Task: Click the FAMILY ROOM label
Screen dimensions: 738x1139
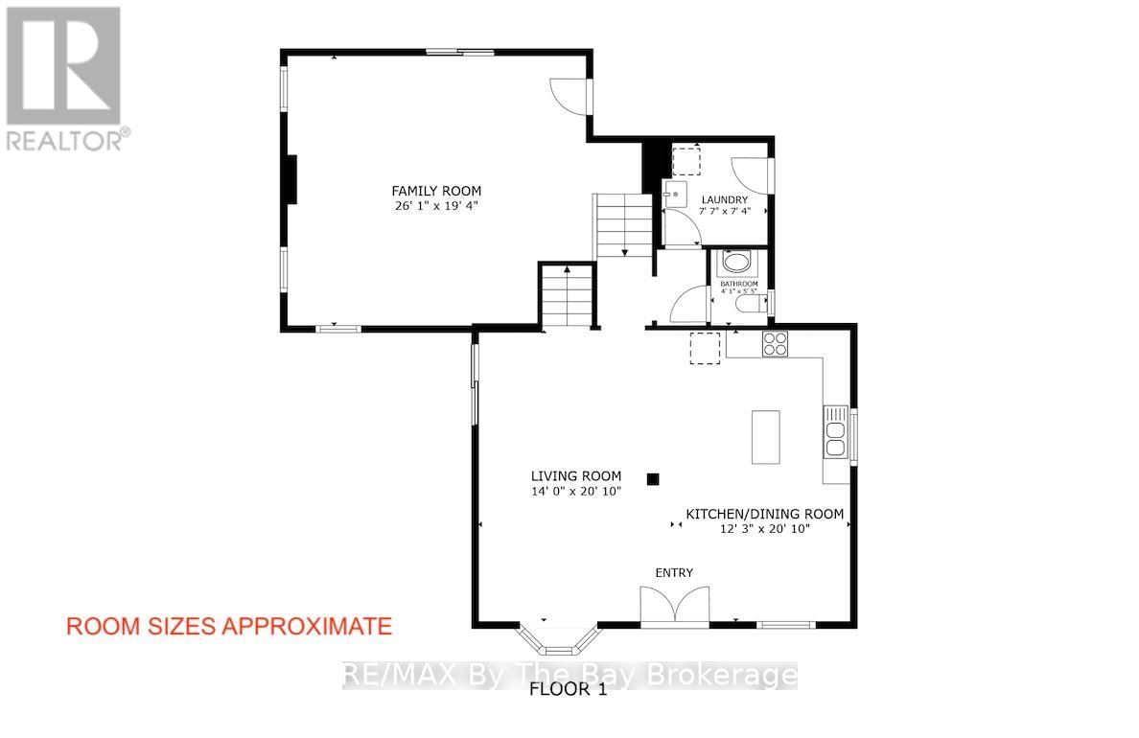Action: [x=435, y=191]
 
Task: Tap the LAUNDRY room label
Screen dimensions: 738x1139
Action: [x=724, y=200]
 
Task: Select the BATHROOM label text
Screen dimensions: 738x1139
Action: [x=739, y=284]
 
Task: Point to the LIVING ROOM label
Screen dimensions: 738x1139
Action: [x=576, y=475]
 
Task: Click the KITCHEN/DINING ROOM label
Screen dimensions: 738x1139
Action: [x=764, y=515]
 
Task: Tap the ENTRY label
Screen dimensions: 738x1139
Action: [x=674, y=573]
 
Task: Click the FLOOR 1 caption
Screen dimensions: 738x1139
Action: [x=569, y=690]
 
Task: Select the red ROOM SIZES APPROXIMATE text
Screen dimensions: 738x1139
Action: [x=228, y=627]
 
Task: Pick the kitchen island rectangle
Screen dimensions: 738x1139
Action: [x=765, y=437]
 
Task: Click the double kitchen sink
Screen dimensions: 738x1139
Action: [x=834, y=434]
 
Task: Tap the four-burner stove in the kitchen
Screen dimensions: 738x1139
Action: [x=775, y=343]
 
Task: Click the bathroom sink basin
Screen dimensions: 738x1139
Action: [x=736, y=262]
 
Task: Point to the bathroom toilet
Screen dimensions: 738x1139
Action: [x=749, y=304]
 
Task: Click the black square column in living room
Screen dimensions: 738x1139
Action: [x=653, y=478]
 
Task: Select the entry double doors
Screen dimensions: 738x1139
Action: [x=675, y=607]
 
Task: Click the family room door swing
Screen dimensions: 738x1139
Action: [x=569, y=95]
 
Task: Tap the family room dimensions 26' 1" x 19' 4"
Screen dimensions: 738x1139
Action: [x=435, y=206]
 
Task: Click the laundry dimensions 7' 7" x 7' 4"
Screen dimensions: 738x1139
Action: [x=724, y=212]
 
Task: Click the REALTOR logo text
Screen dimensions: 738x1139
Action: [x=66, y=140]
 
